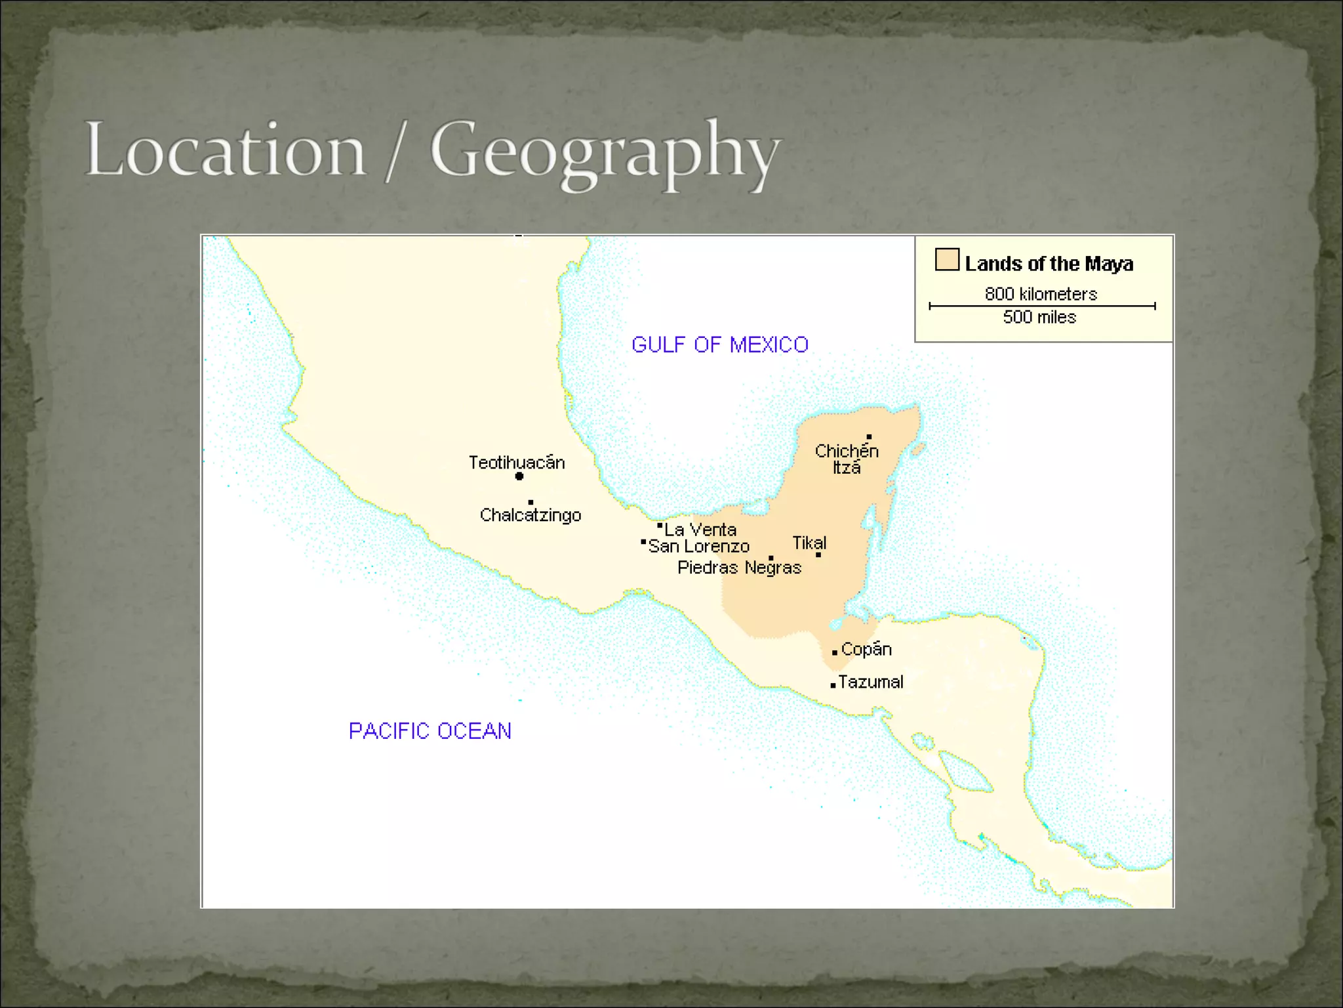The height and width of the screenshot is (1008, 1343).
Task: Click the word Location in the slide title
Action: tap(225, 150)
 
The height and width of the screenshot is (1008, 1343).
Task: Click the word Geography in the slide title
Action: tap(605, 152)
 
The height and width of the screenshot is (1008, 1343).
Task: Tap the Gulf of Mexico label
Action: tap(719, 345)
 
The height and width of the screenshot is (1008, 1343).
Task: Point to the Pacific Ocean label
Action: tap(430, 730)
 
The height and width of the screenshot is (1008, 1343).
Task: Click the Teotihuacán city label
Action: tap(517, 462)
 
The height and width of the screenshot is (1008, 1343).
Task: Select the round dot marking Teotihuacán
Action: tap(519, 476)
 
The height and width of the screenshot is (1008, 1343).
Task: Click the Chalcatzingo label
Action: tap(531, 515)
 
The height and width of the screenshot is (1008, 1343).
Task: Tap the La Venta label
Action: tap(700, 530)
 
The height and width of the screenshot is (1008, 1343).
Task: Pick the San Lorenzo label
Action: tap(698, 546)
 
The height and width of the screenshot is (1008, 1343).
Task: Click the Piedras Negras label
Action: tap(739, 568)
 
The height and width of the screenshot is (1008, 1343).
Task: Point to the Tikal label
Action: tap(809, 543)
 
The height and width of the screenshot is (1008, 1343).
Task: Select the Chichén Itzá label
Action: tap(847, 459)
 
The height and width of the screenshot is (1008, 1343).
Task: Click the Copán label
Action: tap(866, 649)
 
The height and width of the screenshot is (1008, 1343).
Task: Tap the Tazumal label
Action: tap(870, 682)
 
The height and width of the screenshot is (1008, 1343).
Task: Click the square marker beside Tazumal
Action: tap(833, 685)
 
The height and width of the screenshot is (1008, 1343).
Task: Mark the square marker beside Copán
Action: tap(834, 652)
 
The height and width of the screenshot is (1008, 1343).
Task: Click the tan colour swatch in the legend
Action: tap(947, 259)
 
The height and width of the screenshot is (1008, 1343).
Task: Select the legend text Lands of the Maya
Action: tap(1049, 264)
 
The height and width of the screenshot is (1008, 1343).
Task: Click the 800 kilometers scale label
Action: tap(1041, 293)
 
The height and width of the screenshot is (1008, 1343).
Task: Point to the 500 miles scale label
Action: tap(1039, 317)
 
